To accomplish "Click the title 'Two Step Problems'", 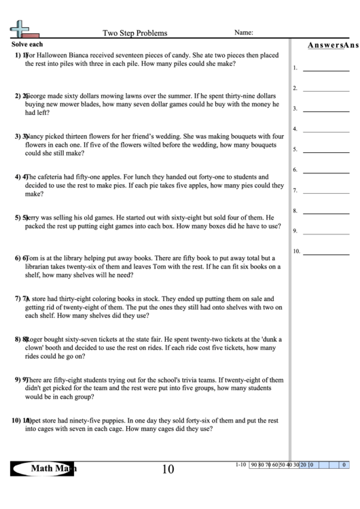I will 134,33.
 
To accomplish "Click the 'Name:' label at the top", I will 244,32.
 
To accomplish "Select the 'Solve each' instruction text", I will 27,43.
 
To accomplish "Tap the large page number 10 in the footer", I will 168,469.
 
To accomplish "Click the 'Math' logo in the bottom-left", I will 43,468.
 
